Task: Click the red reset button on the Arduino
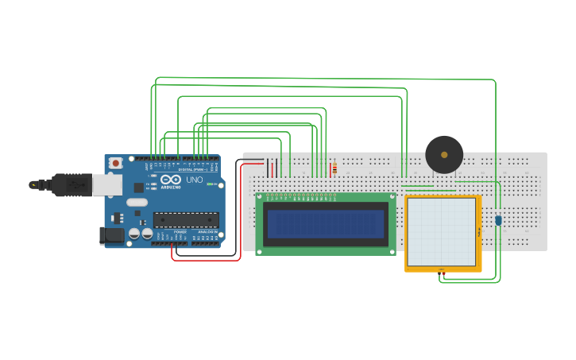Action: tap(116, 163)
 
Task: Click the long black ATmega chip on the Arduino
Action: tap(186, 220)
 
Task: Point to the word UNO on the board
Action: tap(195, 180)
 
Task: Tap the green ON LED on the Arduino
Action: tap(211, 184)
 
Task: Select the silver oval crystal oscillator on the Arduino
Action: tap(137, 202)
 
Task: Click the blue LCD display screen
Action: tap(326, 224)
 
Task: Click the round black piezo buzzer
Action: tap(444, 155)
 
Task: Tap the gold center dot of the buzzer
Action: tap(444, 155)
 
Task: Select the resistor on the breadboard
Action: tap(334, 168)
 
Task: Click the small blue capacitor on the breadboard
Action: tap(498, 220)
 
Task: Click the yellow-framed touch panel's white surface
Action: tap(441, 231)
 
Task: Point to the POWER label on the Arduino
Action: tap(180, 232)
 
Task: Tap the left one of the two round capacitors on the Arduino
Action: tap(133, 234)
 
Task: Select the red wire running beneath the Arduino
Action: tap(207, 260)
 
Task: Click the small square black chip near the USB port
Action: tap(138, 188)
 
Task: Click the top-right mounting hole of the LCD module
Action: tap(392, 197)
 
